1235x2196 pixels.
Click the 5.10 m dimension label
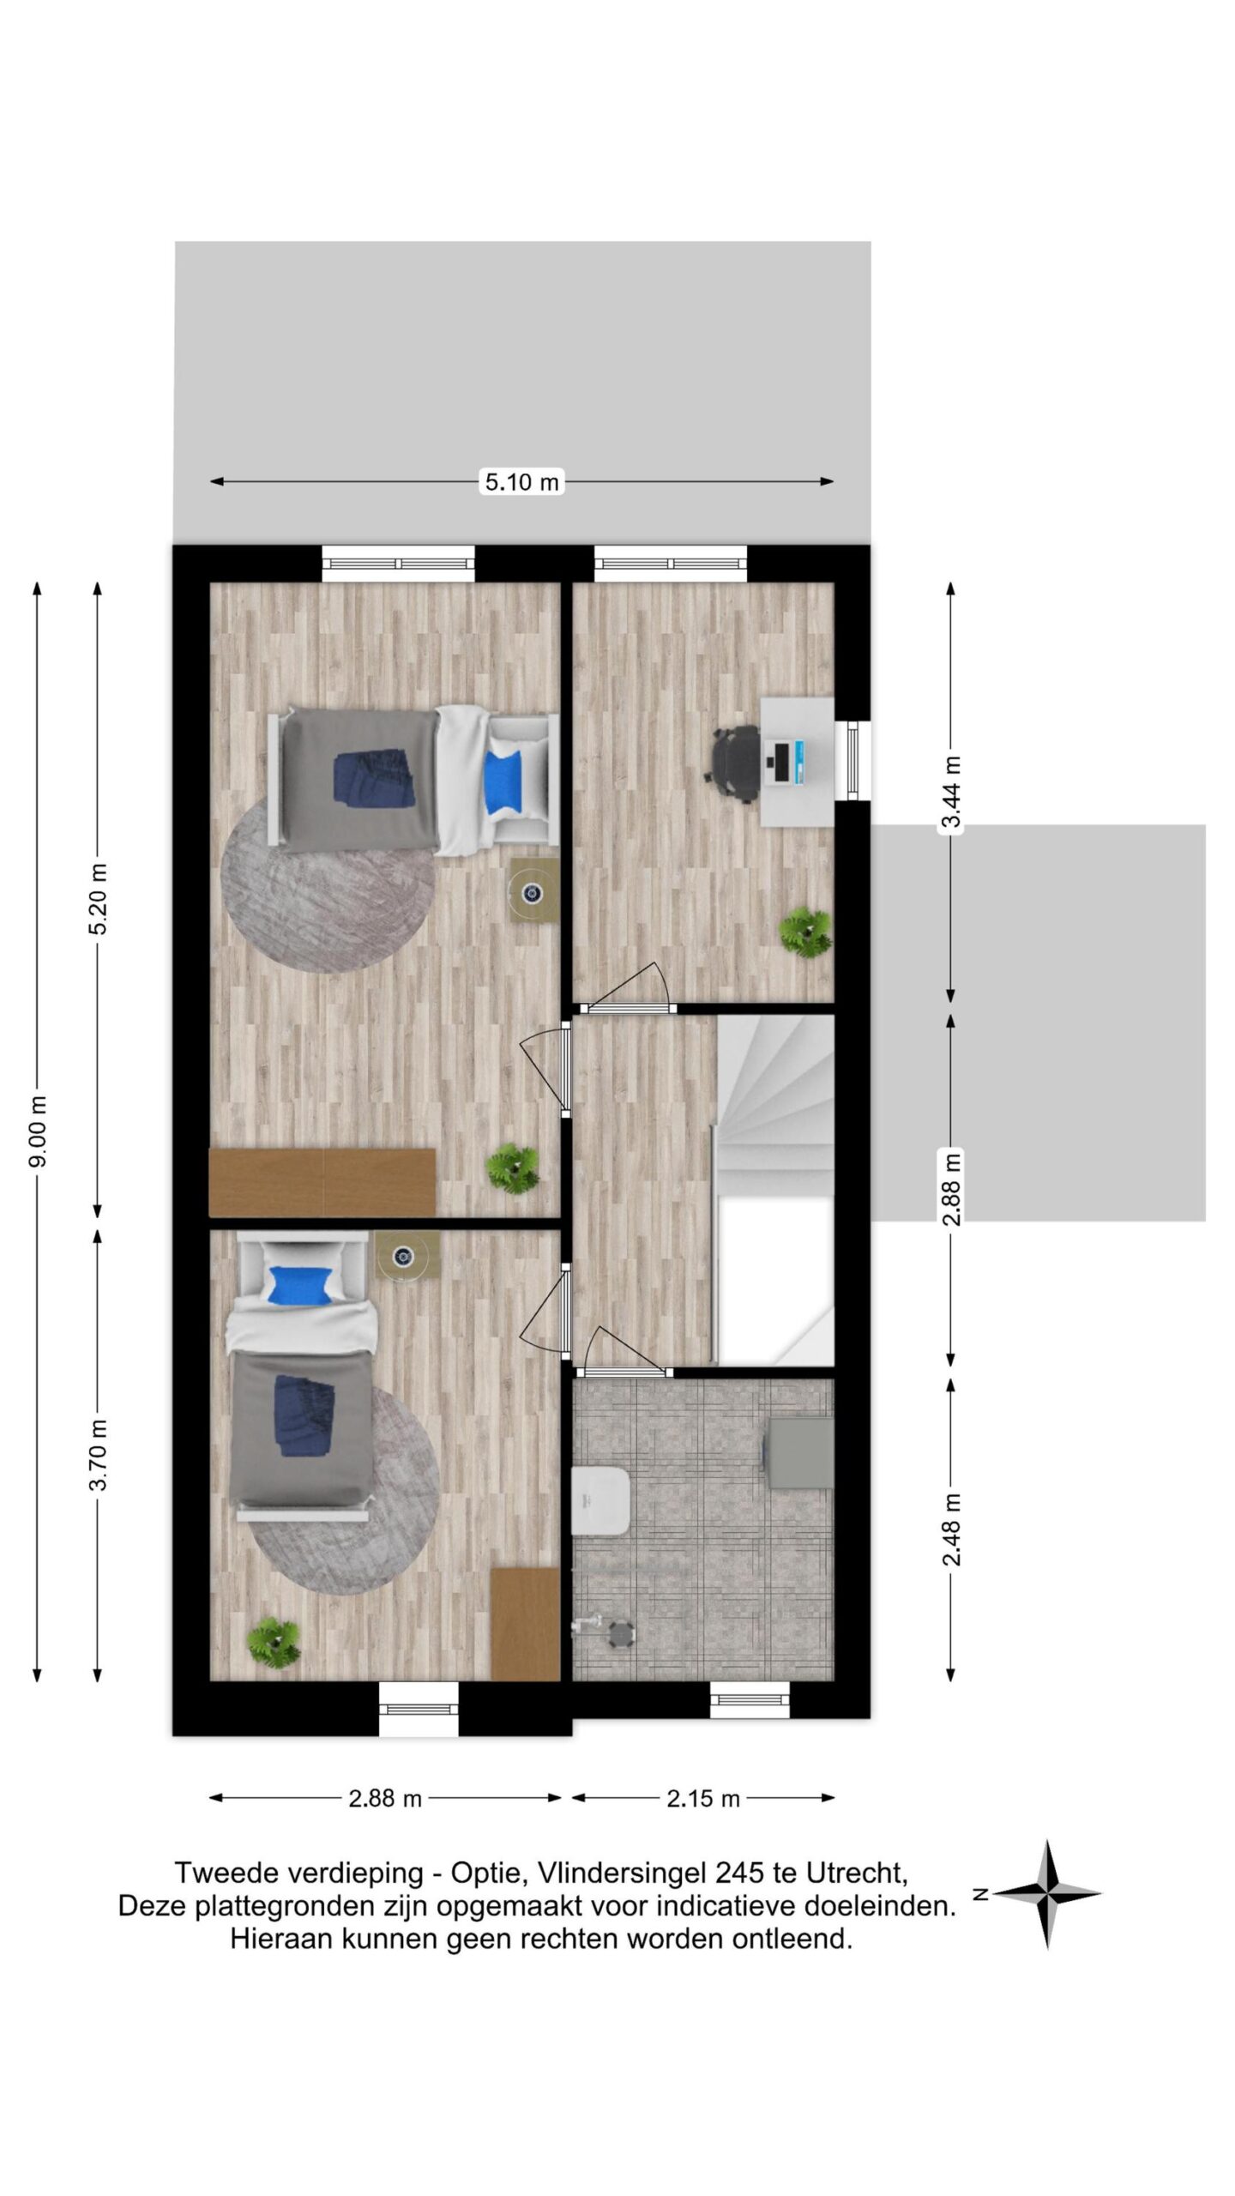coord(521,482)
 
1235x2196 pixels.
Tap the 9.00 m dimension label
coord(39,1133)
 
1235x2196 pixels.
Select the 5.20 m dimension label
coord(99,900)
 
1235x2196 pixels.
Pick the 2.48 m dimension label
coord(951,1529)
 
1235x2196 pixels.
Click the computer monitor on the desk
coord(781,763)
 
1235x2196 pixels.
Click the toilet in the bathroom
coord(601,1499)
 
